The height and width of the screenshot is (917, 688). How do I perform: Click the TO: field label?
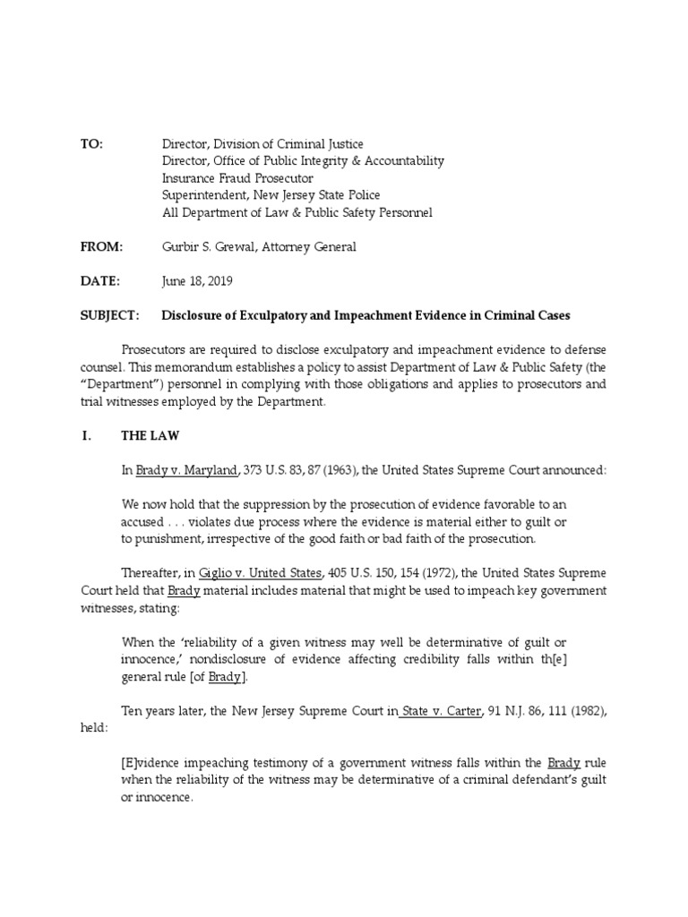(92, 144)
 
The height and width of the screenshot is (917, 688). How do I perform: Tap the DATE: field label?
(99, 280)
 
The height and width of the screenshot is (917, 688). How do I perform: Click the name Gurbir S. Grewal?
(208, 246)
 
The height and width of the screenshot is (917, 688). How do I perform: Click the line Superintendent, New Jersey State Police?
(271, 195)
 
